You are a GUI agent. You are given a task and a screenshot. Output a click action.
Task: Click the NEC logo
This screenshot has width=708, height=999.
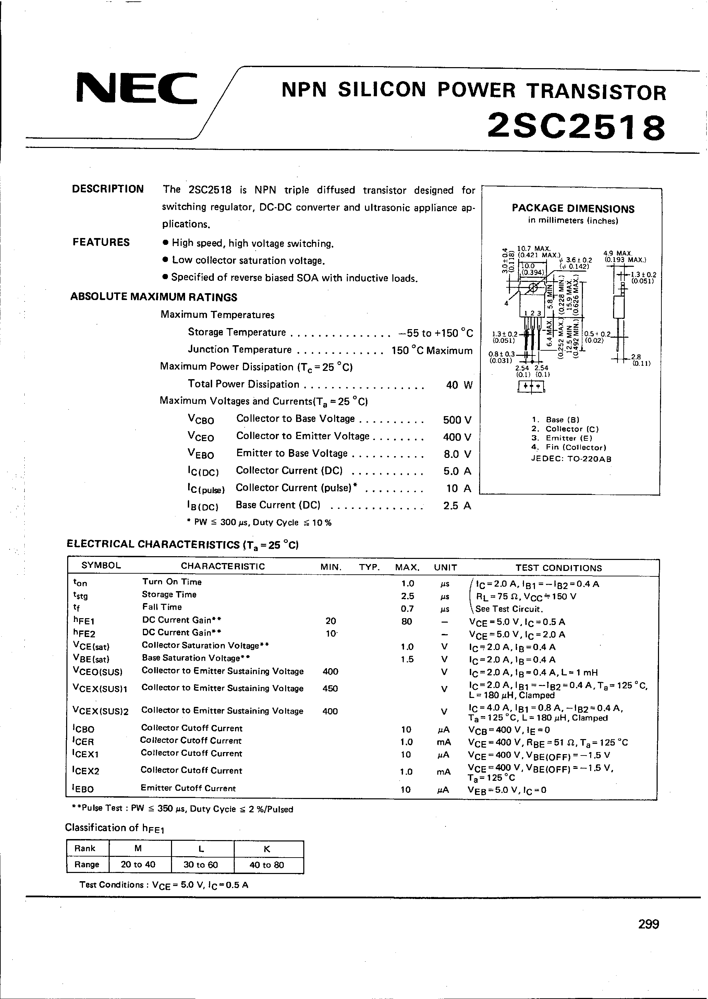136,88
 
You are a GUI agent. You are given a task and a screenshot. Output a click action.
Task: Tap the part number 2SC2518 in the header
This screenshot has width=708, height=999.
576,127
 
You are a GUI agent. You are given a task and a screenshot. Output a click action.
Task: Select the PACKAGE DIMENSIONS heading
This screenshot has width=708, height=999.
573,209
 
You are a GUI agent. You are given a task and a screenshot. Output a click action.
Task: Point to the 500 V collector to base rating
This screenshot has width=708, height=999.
457,420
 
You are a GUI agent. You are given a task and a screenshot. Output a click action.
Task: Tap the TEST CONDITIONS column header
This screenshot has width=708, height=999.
559,568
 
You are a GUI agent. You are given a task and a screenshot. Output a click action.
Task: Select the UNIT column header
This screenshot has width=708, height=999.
445,567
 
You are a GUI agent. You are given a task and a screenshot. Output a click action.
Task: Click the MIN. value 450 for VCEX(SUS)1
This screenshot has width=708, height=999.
330,688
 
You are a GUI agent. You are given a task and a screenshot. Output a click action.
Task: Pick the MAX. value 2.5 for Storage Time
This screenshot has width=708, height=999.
407,596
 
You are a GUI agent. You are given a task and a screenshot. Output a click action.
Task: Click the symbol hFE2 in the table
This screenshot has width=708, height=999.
84,634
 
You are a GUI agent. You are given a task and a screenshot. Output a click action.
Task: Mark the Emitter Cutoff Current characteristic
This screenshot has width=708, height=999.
188,788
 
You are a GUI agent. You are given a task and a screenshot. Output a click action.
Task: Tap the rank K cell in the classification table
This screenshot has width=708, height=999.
267,849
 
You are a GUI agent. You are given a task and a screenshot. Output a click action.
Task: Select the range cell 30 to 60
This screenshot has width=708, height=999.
200,864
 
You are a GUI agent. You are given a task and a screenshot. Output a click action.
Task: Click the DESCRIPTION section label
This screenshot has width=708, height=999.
108,189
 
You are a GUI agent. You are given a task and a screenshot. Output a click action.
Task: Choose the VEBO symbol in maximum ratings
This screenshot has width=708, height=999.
200,454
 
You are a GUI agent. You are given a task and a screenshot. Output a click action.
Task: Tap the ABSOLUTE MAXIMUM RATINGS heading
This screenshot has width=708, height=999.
154,297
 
